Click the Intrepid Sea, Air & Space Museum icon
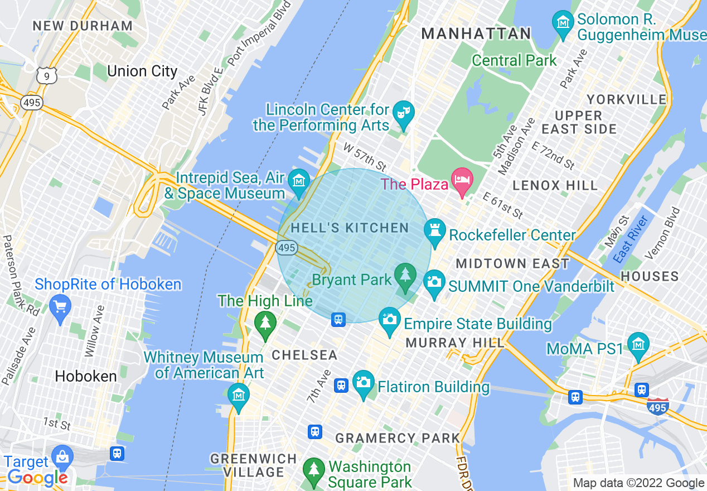[299, 180]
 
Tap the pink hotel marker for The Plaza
[462, 180]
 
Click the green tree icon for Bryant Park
[405, 275]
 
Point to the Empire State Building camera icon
[389, 319]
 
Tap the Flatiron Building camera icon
[364, 382]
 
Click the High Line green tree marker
[265, 322]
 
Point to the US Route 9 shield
[47, 74]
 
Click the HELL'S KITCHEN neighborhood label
[350, 228]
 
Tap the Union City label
[142, 71]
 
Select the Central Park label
[514, 60]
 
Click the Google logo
[37, 478]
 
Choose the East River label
[631, 239]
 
